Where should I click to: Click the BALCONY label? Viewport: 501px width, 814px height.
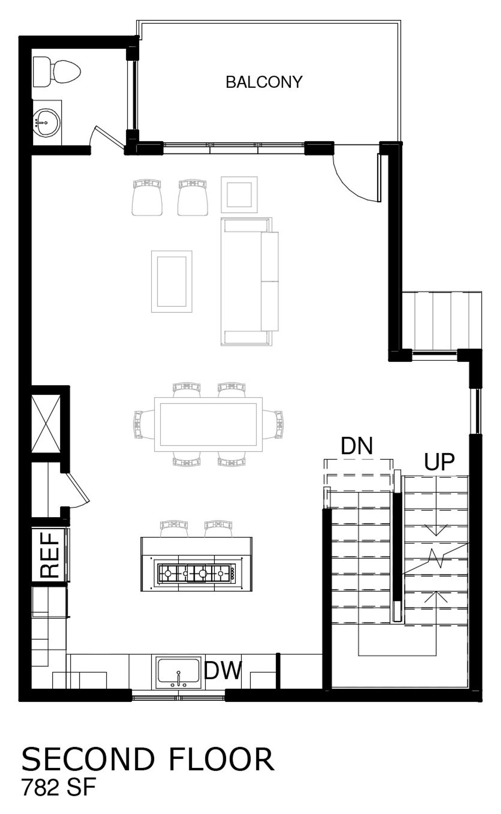click(264, 82)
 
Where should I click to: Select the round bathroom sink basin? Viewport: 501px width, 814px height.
click(46, 122)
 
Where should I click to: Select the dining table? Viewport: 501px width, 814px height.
click(208, 424)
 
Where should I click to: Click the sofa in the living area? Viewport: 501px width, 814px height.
click(249, 281)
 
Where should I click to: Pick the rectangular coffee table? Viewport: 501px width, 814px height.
click(171, 281)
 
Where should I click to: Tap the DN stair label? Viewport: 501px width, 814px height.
click(357, 445)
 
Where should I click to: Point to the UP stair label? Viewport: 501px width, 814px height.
click(440, 462)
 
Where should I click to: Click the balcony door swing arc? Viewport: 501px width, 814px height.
click(352, 184)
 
